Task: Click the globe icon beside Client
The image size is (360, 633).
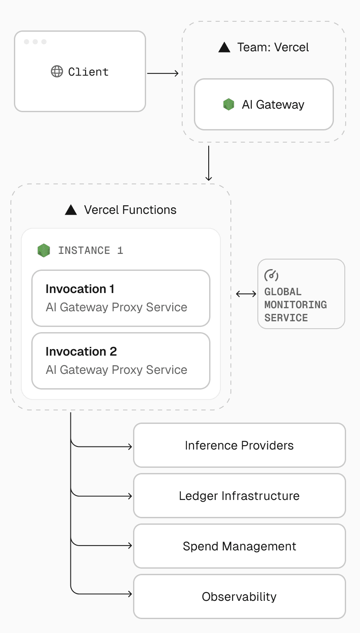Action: coord(57,71)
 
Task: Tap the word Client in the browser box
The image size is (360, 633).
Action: coord(88,72)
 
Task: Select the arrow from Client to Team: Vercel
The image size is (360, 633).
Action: coord(163,73)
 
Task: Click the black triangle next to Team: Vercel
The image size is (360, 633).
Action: coord(224,47)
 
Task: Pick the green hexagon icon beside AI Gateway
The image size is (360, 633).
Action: coord(229,104)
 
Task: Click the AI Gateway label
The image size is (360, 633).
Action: coord(273,105)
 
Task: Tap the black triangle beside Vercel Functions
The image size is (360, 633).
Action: coord(71,210)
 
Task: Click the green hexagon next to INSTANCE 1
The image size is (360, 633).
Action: coord(43,250)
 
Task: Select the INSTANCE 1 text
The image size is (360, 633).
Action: coord(90,250)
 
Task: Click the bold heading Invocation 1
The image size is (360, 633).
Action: coord(80,289)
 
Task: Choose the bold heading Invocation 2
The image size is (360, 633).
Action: coord(81,352)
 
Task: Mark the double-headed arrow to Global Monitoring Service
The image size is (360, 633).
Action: coord(246,294)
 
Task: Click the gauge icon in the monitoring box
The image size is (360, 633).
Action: coord(271,275)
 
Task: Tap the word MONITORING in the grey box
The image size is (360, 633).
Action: coord(295,305)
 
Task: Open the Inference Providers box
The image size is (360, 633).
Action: coord(239,445)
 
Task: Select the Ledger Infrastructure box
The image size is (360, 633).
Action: coord(239,496)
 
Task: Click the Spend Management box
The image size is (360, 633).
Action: coord(239,546)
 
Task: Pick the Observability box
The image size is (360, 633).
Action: coord(239,596)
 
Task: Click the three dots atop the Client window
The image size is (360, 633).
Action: coord(35,42)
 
